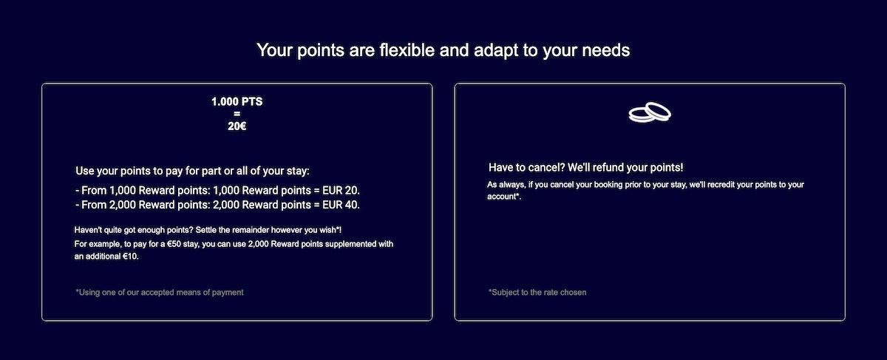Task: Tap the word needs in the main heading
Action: click(x=605, y=51)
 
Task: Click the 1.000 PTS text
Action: click(x=237, y=102)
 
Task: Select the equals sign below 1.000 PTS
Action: click(x=237, y=114)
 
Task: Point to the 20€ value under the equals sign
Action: click(x=237, y=126)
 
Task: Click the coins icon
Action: click(x=650, y=112)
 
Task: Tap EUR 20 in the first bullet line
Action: click(x=340, y=191)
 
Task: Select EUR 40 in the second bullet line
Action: click(x=340, y=205)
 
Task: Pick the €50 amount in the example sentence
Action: click(x=174, y=244)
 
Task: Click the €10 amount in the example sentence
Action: click(x=130, y=257)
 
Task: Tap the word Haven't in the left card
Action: click(x=88, y=230)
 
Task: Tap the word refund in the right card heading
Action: click(x=608, y=168)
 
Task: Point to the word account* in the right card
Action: click(x=503, y=197)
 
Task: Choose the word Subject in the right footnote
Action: click(x=503, y=293)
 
